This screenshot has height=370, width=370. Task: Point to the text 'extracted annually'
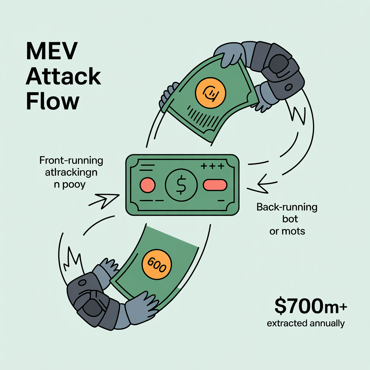(x=306, y=323)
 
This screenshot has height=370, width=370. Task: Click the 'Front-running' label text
(x=71, y=160)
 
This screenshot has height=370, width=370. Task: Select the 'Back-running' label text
(x=287, y=207)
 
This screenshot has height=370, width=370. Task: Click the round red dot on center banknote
(x=147, y=185)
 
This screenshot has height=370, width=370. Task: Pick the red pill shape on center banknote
(x=215, y=185)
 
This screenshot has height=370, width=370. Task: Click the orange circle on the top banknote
(x=210, y=91)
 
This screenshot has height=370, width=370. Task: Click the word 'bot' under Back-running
(x=287, y=219)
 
